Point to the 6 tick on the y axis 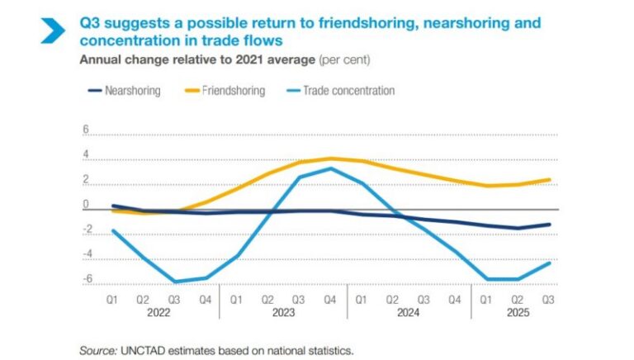coord(84,130)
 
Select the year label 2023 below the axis coord(283,313)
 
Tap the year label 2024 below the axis coord(408,313)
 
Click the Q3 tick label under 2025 coord(546,299)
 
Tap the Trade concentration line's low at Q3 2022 coord(176,282)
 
